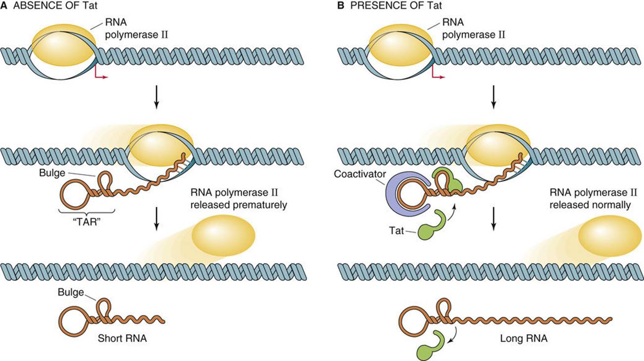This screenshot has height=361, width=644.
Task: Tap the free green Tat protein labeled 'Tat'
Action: click(429, 227)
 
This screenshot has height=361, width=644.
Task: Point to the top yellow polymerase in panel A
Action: click(63, 49)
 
